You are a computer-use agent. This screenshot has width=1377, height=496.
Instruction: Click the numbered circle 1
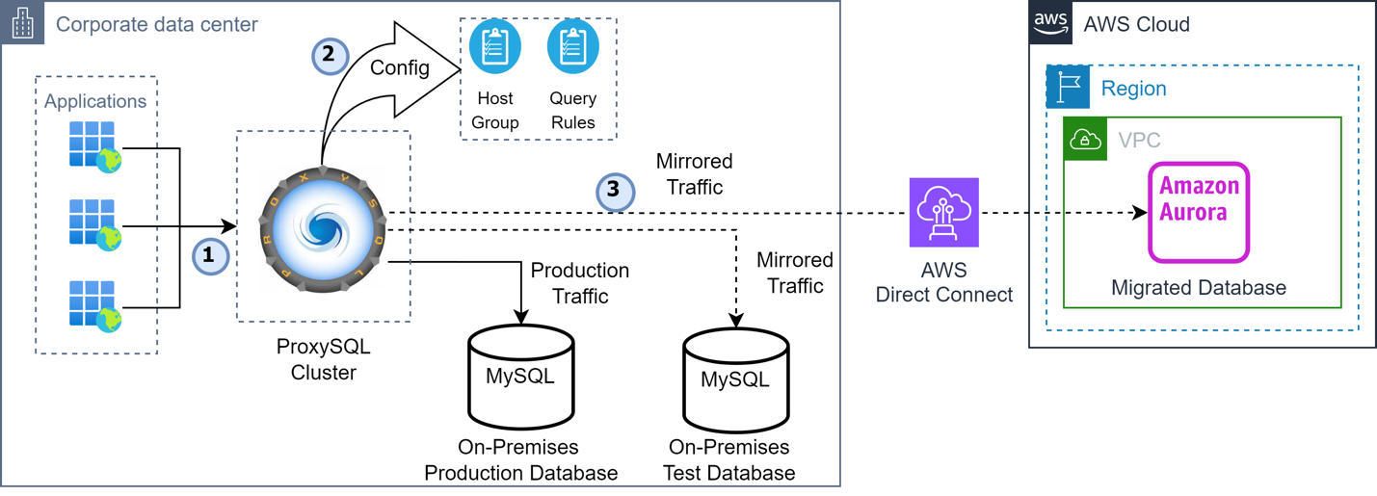click(x=210, y=255)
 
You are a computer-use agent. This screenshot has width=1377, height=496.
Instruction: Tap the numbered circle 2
click(x=331, y=56)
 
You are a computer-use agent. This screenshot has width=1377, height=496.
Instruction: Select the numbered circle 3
click(x=615, y=191)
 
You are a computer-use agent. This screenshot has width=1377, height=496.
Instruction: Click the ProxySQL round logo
click(x=323, y=228)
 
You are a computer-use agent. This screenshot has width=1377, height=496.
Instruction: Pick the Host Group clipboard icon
click(x=495, y=46)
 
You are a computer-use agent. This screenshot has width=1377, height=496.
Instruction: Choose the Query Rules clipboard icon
click(x=573, y=46)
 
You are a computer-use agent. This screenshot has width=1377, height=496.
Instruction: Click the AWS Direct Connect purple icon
click(x=943, y=213)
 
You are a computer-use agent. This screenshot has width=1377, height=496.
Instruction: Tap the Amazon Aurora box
click(x=1199, y=212)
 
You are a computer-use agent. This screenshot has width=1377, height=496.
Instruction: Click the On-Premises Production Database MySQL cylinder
click(x=520, y=377)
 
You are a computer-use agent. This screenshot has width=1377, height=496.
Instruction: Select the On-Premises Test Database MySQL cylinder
click(x=736, y=379)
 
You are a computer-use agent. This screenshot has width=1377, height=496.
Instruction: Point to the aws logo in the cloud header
click(x=1050, y=23)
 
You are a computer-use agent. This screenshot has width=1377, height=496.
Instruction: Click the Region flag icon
click(x=1068, y=88)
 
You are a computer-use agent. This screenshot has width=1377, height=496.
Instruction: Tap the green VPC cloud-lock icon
click(x=1085, y=139)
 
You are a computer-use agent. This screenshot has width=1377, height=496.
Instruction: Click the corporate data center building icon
click(x=23, y=23)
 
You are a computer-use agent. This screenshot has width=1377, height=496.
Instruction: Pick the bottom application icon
click(x=95, y=306)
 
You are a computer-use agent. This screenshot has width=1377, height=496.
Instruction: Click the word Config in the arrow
click(x=400, y=68)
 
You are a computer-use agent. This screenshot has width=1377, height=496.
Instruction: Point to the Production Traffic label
click(x=580, y=283)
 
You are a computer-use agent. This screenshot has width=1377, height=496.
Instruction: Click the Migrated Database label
click(x=1199, y=288)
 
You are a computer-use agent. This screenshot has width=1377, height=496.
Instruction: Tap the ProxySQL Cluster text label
click(x=324, y=359)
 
